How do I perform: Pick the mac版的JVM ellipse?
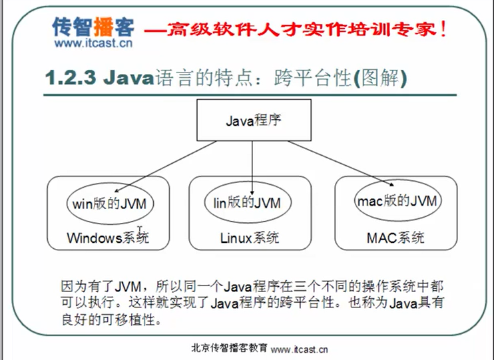[x=396, y=200]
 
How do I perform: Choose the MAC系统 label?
[x=395, y=238]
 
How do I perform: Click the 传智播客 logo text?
[x=94, y=27]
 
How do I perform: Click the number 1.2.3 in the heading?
[x=72, y=79]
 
